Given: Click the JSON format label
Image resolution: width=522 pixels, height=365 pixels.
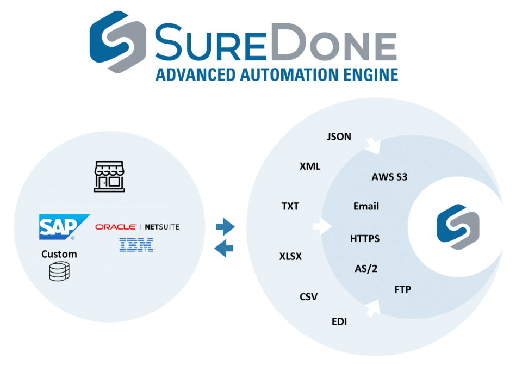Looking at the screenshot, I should click(339, 137).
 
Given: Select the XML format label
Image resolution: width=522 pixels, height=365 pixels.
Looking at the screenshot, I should click(310, 166).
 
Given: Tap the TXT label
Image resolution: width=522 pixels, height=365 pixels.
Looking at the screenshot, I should click(290, 206).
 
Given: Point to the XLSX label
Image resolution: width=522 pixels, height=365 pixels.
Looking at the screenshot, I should click(290, 256).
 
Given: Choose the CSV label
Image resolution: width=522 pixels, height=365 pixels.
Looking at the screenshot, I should click(308, 297).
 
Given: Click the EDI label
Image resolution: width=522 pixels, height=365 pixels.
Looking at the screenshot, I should click(339, 321).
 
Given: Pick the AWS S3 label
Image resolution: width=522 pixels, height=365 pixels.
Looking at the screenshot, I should click(389, 177).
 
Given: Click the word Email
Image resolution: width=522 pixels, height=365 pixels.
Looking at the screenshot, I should click(366, 206).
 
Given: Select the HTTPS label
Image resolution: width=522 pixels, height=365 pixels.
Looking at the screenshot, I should click(365, 238).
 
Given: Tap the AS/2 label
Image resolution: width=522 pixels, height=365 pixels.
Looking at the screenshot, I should click(365, 269).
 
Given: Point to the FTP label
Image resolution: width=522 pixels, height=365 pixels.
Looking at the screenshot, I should click(402, 289).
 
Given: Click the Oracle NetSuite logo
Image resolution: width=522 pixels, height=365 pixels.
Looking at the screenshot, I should click(137, 227).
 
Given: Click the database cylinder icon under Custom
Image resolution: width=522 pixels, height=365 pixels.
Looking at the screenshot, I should click(60, 271).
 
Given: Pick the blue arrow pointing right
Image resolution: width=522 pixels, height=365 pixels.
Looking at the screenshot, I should click(225, 225).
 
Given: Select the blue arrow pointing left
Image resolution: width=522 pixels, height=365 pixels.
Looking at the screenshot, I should click(224, 249).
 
